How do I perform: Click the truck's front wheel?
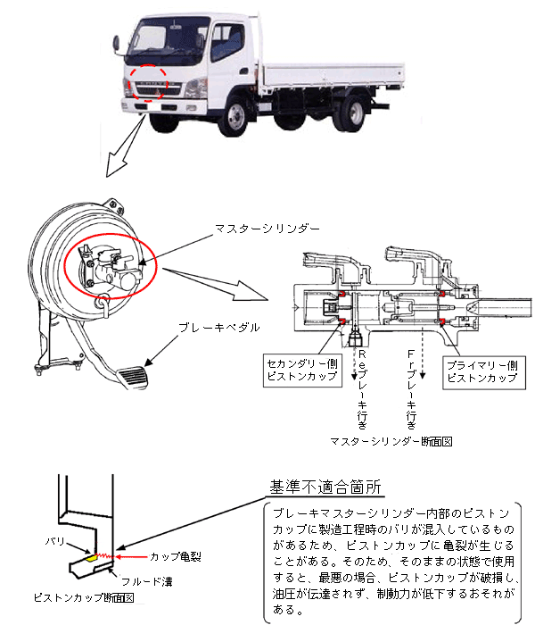pos(235,116)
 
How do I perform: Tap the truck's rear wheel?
pos(352,113)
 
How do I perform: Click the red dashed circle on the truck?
pos(149,83)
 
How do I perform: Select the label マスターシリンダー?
pos(267,229)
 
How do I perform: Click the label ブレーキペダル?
pos(219,328)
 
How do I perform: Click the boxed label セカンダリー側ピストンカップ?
pos(302,370)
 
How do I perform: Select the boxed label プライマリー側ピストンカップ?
pos(484,372)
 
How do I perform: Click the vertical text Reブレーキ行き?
pos(362,389)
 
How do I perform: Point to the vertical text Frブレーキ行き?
pos(412,389)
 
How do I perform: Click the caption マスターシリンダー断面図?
pos(391,441)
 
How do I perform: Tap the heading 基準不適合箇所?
pos(325,487)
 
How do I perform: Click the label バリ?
pos(55,541)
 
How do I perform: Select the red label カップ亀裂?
pos(175,557)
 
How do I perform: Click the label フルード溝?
pos(147,582)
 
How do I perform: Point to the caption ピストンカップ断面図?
pos(84,597)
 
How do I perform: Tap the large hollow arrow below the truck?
pos(124,146)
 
